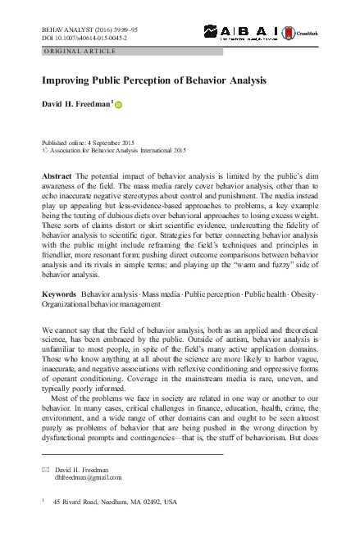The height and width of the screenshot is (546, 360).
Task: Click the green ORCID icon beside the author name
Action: point(118,104)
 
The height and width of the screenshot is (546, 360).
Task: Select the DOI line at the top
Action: point(79,36)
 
